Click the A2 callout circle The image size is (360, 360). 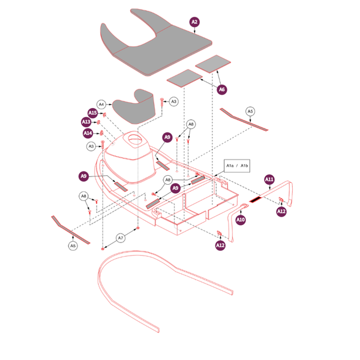194,22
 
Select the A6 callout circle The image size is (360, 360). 222,89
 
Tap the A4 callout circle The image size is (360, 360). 101,104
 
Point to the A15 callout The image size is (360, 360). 92,113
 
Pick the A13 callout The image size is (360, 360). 86,122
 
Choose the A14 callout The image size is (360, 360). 88,133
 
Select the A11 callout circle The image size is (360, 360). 269,179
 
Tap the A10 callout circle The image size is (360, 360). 241,220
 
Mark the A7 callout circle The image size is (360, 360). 121,238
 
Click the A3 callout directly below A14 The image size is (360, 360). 91,146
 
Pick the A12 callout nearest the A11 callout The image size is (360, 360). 281,211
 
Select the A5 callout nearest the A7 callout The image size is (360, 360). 73,245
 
